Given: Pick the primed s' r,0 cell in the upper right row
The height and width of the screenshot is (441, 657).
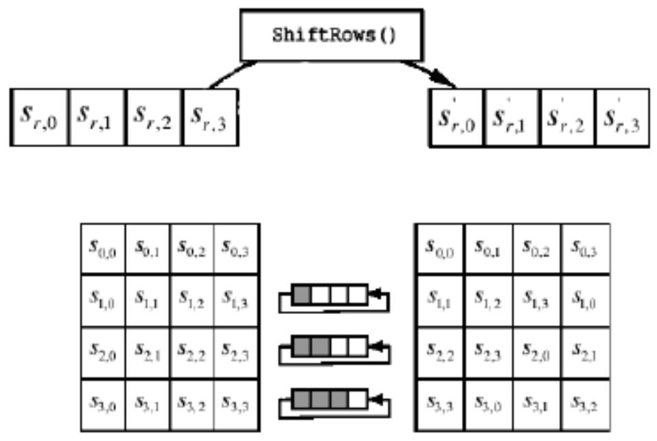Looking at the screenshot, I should [x=457, y=117].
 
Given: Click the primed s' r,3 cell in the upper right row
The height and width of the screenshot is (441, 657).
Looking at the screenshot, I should [x=623, y=117].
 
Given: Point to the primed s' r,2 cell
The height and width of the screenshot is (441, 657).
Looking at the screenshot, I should [x=567, y=117].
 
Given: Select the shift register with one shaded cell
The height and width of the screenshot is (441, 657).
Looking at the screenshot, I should [x=330, y=296].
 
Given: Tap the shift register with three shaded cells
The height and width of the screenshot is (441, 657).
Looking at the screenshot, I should [x=330, y=399].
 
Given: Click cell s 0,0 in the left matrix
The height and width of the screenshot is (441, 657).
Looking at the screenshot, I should [x=103, y=249].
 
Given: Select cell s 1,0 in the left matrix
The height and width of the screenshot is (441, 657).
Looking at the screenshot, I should [x=103, y=300].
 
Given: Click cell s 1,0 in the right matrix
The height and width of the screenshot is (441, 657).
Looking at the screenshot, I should [x=584, y=300].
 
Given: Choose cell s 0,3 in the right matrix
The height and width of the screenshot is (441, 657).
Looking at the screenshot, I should [x=584, y=249].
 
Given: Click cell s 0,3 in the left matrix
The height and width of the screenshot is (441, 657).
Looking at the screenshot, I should [x=236, y=249].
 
